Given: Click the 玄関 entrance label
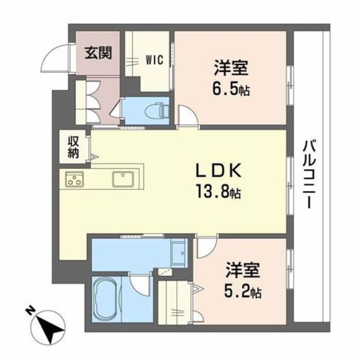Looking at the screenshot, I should click(98, 53).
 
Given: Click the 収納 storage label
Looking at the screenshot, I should click(73, 147).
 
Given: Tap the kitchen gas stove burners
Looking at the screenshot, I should click(74, 179).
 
